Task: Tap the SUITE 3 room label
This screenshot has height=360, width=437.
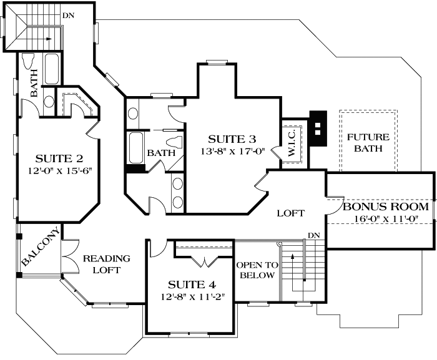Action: pyautogui.click(x=232, y=138)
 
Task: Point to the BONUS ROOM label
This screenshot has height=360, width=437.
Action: pyautogui.click(x=386, y=207)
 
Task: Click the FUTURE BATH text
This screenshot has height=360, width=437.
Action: pyautogui.click(x=368, y=143)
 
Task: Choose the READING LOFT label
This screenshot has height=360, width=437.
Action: pyautogui.click(x=107, y=264)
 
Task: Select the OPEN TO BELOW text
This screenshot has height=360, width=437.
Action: pyautogui.click(x=256, y=270)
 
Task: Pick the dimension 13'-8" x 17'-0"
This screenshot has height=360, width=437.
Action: pyautogui.click(x=232, y=150)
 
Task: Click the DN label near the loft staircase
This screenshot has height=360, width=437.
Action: pyautogui.click(x=315, y=236)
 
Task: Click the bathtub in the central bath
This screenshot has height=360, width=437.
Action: pyautogui.click(x=135, y=147)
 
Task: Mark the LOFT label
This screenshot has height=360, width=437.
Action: pyautogui.click(x=291, y=213)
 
